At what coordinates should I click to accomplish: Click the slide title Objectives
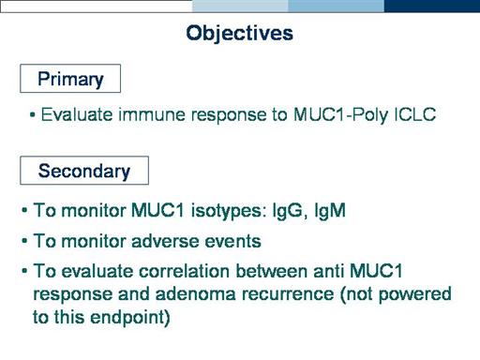coord(239,33)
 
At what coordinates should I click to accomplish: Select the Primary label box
coord(70,79)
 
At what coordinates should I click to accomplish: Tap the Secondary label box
coord(84,171)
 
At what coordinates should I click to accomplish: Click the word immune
coord(152,114)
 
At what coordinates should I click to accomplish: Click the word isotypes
coord(228,211)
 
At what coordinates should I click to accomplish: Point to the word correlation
coord(185,271)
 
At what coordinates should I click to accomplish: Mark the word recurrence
coord(288,295)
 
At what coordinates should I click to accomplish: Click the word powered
coord(414,295)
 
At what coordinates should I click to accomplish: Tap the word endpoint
coord(130,318)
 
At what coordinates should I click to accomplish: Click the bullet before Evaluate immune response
coord(32,115)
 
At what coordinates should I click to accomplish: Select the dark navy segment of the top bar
coord(432,7)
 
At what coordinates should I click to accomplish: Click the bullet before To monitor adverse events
coord(24,242)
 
